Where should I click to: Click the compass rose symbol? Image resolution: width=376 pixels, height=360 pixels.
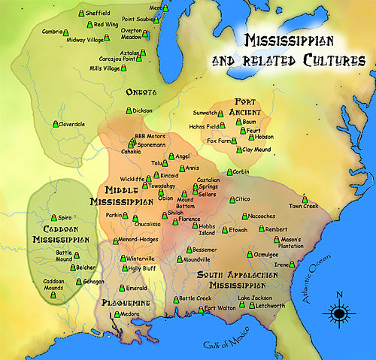(339, 312)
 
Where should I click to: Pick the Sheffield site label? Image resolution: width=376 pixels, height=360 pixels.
(99, 13)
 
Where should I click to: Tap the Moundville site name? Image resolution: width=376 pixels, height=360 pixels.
(197, 259)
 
